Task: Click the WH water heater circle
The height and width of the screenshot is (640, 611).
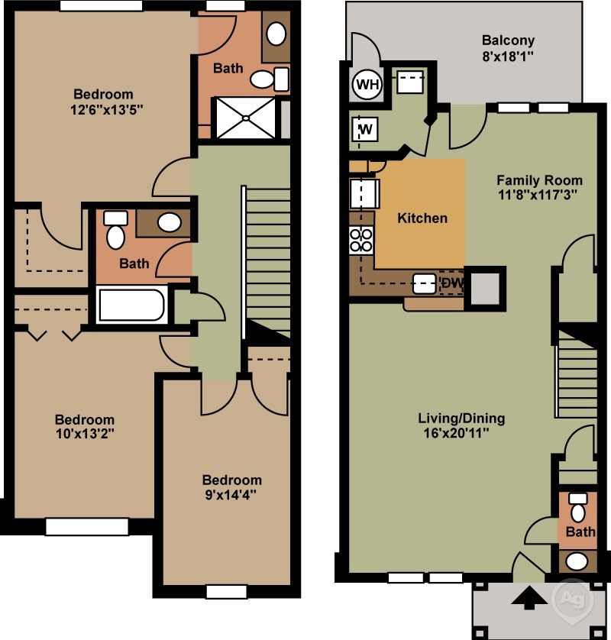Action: tap(367, 85)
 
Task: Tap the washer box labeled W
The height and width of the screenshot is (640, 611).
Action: tap(366, 130)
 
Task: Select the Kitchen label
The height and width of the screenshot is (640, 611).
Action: tap(422, 218)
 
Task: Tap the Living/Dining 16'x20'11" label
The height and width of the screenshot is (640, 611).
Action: tap(461, 425)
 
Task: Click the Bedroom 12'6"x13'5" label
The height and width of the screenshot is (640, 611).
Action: tap(102, 102)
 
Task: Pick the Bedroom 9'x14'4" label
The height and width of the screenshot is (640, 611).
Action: tap(231, 486)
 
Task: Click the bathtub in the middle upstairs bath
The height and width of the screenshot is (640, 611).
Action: tap(131, 305)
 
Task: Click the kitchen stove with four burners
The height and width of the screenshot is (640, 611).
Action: tap(360, 241)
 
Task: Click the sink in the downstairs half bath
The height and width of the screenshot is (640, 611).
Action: tap(577, 561)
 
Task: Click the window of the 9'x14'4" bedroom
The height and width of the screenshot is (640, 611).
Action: tap(226, 591)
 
